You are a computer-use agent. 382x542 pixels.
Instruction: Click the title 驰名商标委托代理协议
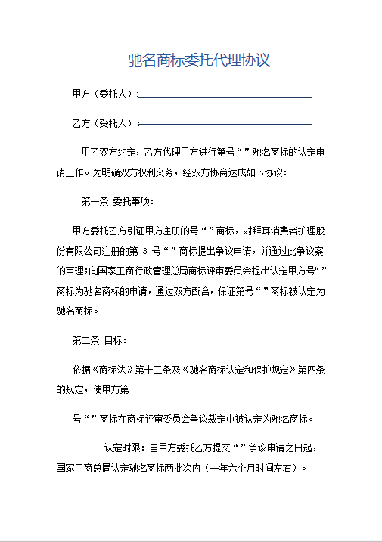pyautogui.click(x=199, y=60)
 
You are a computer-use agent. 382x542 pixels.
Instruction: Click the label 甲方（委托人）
pyautogui.click(x=102, y=94)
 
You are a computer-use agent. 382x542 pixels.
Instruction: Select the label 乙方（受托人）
pyautogui.click(x=102, y=122)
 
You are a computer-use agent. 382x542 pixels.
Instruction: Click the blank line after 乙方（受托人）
pyautogui.click(x=225, y=124)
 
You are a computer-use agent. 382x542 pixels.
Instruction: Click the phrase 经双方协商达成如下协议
pyautogui.click(x=231, y=172)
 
